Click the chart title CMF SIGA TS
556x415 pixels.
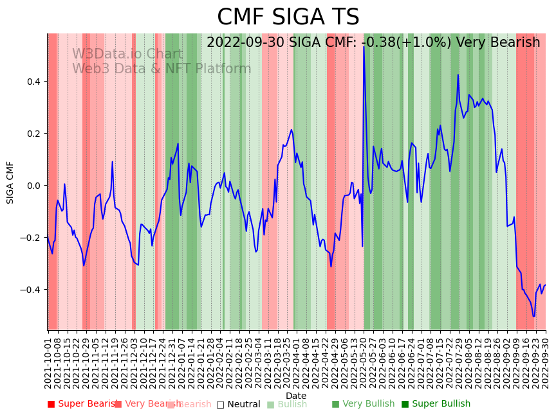[x=288, y=17]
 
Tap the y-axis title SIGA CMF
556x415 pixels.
[x=10, y=182]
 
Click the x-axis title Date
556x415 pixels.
[x=296, y=396]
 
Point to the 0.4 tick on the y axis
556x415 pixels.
[x=33, y=82]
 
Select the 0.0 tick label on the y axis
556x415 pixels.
[x=33, y=186]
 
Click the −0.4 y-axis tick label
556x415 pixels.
[x=30, y=290]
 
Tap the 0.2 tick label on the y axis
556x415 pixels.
[x=33, y=134]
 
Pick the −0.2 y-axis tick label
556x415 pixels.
[x=30, y=238]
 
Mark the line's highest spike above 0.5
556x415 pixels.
[x=364, y=47]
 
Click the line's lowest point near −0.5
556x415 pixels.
[x=533, y=316]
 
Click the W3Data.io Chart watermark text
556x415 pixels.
[x=127, y=54]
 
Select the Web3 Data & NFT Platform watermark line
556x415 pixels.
[x=162, y=69]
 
